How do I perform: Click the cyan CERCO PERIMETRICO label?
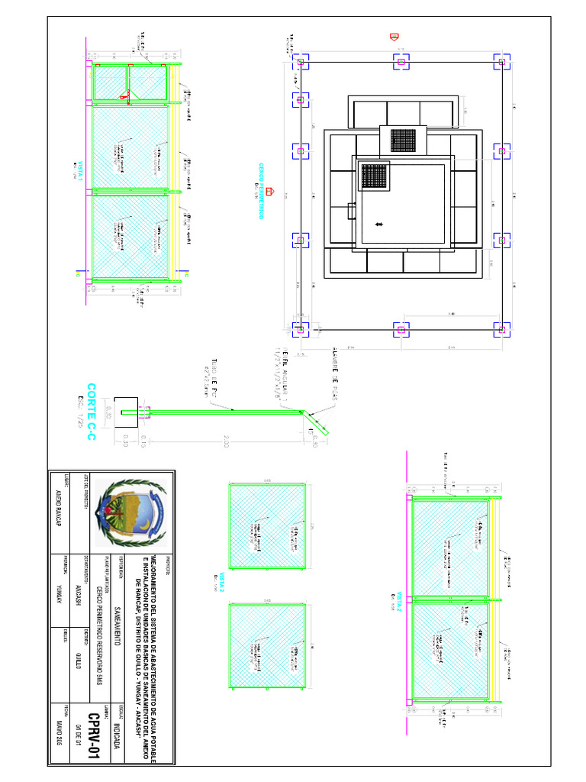pos(260,191)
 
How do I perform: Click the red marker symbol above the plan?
pos(394,36)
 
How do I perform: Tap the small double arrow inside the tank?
pos(379,224)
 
